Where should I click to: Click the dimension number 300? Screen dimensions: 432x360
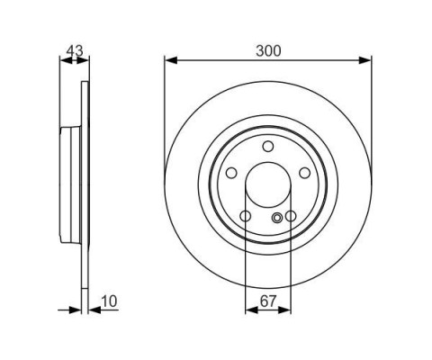[x=268, y=50]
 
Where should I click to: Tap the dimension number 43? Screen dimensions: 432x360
[x=75, y=50]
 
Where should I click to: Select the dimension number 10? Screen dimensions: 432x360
[x=109, y=301]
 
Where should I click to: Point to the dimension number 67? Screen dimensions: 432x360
[x=268, y=301]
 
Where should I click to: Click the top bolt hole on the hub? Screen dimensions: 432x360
[x=268, y=147]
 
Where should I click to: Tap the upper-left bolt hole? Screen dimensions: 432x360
[x=231, y=173]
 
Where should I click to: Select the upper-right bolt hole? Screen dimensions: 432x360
[x=305, y=173]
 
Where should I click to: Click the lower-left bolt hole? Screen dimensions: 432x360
[x=246, y=216]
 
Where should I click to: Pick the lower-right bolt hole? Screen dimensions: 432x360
[x=291, y=216]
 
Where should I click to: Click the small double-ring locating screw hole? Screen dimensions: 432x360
[x=277, y=218]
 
